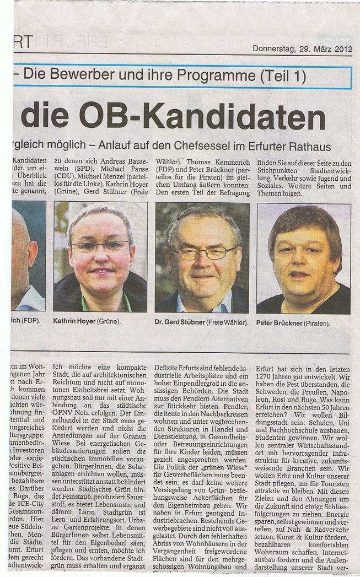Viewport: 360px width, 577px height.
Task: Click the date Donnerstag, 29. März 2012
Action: [302, 48]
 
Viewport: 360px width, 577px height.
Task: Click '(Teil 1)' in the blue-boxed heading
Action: [283, 76]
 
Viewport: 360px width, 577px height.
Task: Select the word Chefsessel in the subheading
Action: [214, 147]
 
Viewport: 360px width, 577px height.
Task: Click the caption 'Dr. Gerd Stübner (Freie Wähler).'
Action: [202, 322]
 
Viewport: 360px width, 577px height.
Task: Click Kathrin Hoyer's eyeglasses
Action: [100, 245]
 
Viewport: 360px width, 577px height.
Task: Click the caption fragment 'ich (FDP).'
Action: [27, 321]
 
